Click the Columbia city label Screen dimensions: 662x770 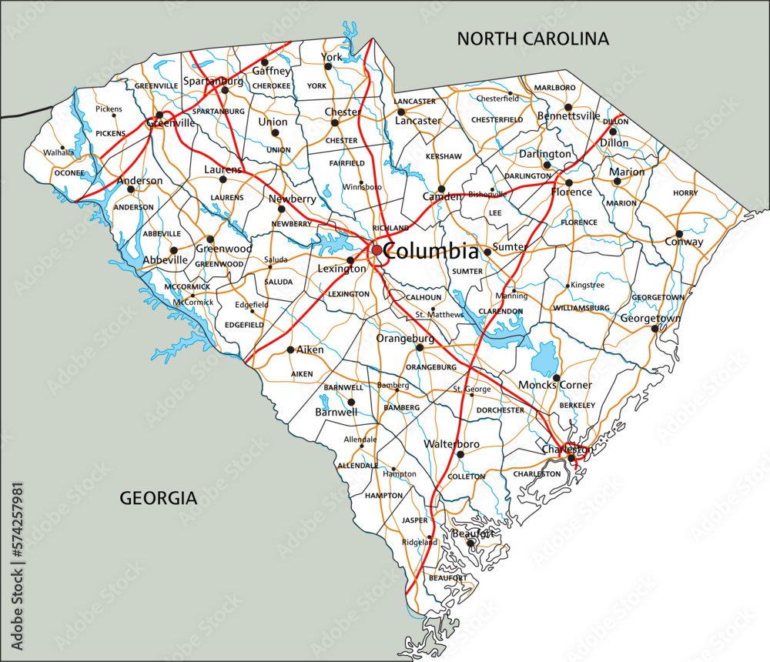430,251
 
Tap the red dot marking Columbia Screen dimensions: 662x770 377,250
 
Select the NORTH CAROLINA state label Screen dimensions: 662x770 533,38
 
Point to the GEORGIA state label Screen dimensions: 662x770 159,498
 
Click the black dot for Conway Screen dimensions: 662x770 679,233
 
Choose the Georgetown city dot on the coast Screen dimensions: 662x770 654,329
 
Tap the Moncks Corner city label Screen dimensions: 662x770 555,385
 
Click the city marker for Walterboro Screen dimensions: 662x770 460,454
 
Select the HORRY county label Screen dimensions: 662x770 685,192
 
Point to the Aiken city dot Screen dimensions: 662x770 290,349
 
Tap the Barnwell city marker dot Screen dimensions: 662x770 351,402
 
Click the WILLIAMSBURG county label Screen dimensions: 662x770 581,308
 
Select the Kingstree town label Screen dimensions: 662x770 588,286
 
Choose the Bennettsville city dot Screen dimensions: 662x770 568,107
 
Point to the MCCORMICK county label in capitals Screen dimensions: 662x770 187,287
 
